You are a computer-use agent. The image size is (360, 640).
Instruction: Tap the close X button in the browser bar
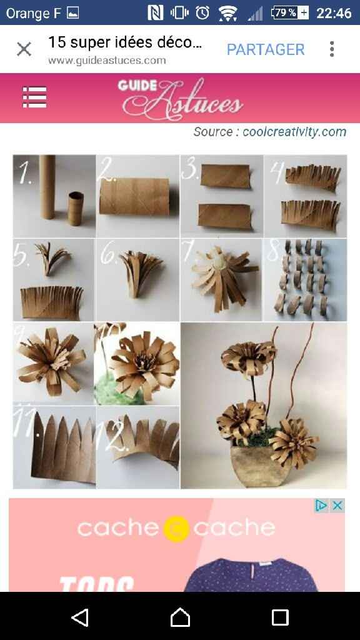[24, 49]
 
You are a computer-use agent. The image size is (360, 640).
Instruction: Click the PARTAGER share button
[266, 49]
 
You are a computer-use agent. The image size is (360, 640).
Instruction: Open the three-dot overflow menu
[332, 49]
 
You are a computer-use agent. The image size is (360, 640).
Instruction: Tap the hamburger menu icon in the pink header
[34, 97]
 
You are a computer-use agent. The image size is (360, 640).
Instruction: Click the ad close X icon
[337, 506]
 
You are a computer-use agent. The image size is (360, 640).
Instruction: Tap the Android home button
[180, 617]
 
